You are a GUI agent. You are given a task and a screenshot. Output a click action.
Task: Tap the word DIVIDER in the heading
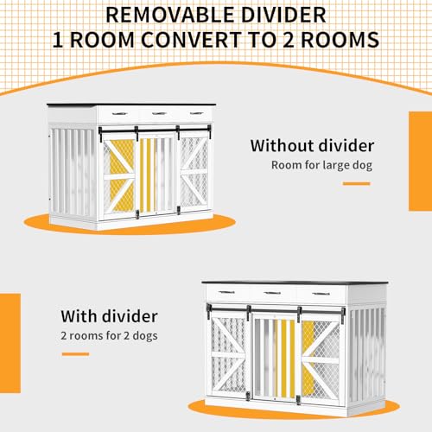pos(283,15)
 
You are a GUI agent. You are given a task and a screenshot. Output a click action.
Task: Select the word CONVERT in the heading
pos(191,40)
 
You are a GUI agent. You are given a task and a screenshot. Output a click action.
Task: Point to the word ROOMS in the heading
pos(340,40)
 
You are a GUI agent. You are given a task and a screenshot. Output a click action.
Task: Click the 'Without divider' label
pos(312,146)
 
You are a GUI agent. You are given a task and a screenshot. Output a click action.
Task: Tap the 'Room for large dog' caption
pos(321,165)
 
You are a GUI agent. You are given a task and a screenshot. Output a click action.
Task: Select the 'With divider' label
pos(109,316)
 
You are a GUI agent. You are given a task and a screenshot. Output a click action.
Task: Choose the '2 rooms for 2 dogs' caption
pos(109,336)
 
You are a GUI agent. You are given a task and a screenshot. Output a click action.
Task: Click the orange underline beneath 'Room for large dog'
pos(356,183)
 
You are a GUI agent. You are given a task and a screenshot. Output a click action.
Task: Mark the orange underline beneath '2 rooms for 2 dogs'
pos(75,354)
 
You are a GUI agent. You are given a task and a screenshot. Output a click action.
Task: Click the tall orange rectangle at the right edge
pos(421,162)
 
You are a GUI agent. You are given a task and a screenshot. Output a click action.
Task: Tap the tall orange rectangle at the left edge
pos(10,343)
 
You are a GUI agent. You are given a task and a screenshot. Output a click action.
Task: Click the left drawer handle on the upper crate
pos(120,114)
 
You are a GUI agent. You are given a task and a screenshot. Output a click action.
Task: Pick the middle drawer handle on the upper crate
pos(159,113)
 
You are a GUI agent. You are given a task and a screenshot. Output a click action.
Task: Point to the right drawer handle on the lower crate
pos(321,294)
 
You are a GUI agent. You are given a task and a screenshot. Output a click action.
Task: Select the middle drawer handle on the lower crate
pos(272,293)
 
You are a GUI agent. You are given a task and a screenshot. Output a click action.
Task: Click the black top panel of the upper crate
pos(131,105)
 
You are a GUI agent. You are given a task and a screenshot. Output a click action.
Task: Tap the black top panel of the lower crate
pos(295,283)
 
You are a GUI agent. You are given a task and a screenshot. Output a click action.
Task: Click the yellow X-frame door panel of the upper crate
pos(118,175)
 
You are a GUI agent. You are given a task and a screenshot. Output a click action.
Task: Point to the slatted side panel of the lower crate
pos(367,356)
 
